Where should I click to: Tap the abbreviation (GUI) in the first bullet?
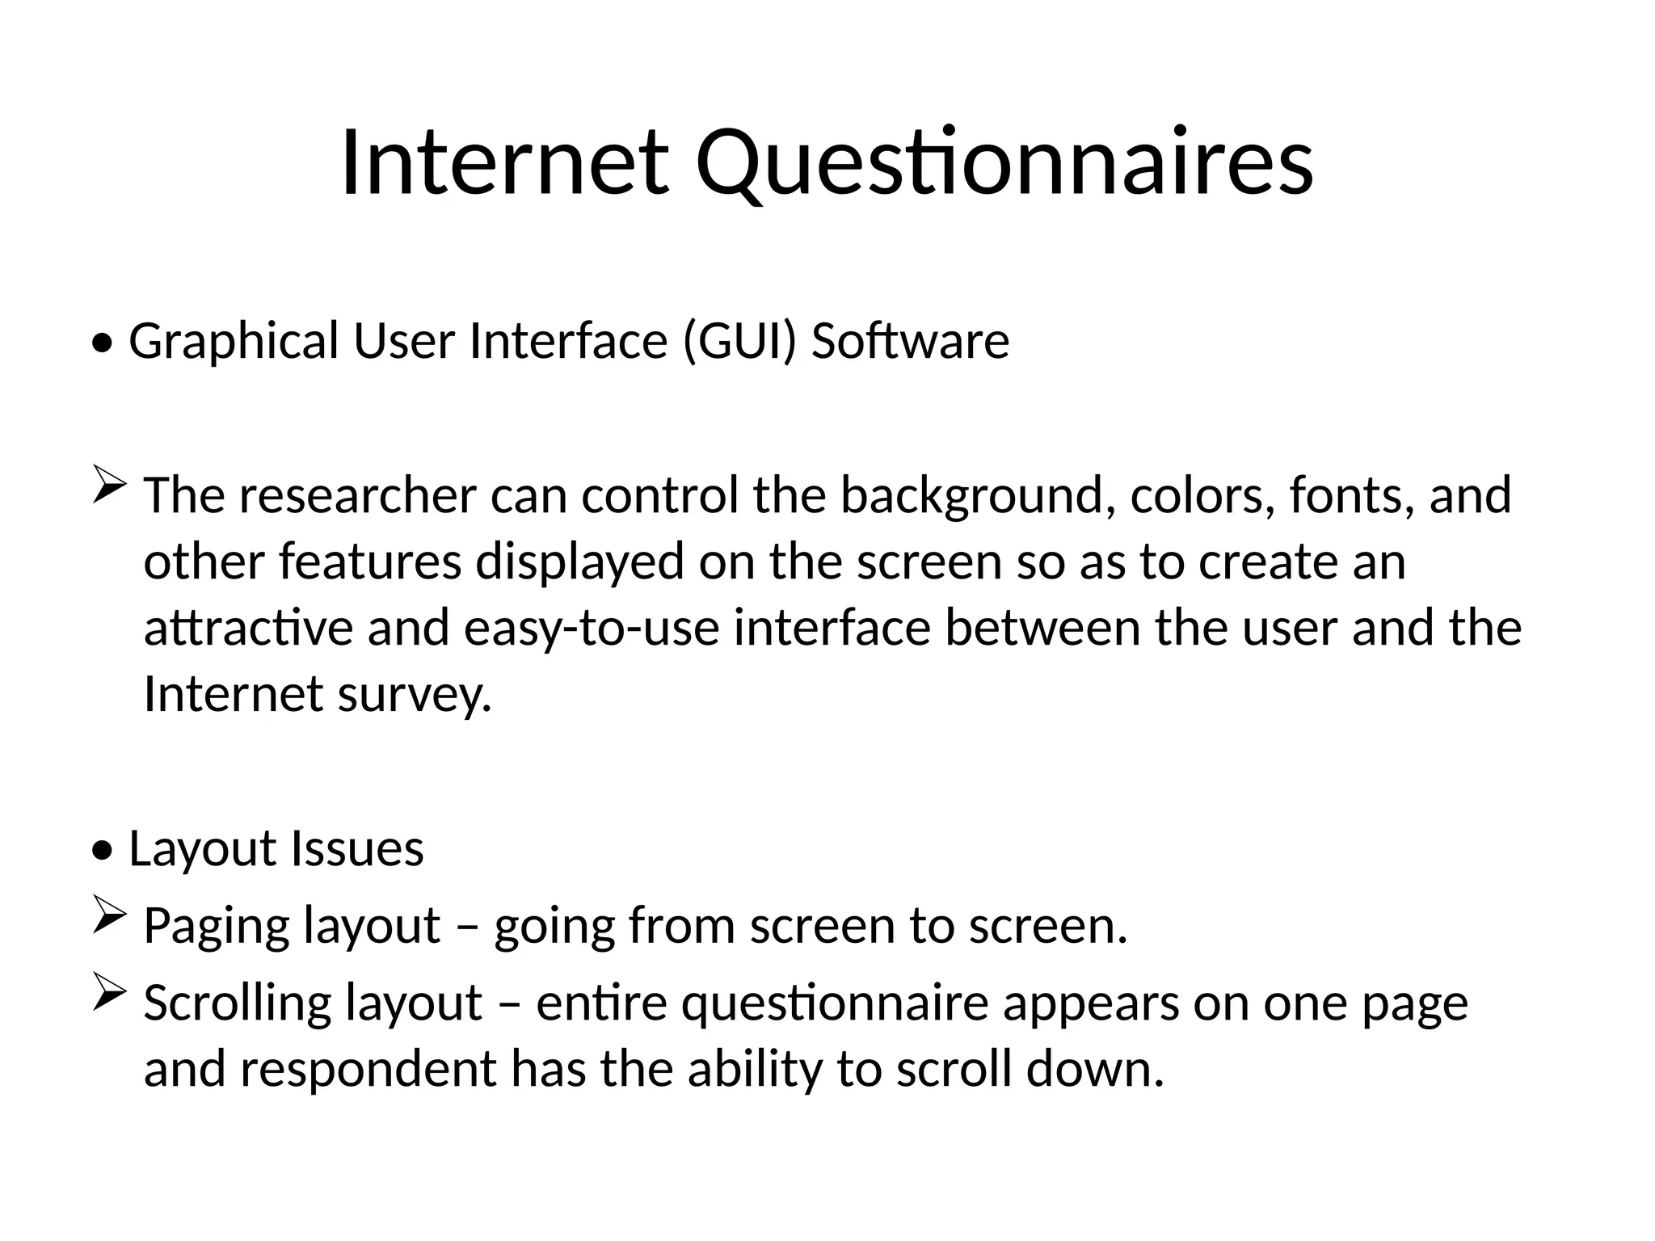tap(739, 340)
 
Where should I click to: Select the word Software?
tap(910, 340)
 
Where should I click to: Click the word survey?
tap(414, 696)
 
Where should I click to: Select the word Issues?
tap(356, 849)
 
